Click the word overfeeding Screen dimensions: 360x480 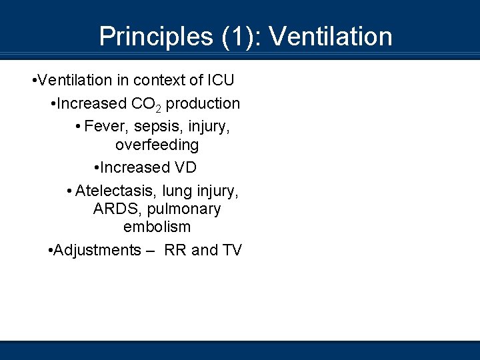pos(157,145)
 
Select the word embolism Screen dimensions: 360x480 pos(157,227)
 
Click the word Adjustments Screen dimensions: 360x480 pos(97,251)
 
